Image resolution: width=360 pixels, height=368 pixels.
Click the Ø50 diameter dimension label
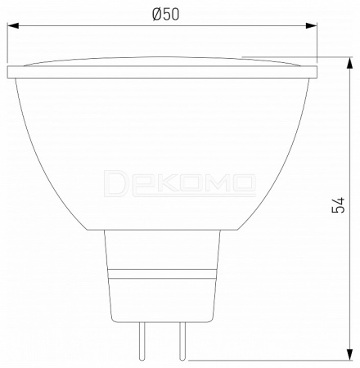(166, 14)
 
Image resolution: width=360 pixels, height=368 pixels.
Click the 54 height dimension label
(338, 205)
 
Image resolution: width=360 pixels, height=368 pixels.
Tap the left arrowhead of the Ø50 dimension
(13, 25)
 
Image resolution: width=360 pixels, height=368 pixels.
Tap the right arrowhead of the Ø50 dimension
(311, 25)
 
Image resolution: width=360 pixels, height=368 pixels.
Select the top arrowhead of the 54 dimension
(349, 63)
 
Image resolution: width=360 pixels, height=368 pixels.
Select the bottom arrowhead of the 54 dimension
(349, 354)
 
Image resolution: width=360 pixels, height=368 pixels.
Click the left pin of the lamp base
(142, 341)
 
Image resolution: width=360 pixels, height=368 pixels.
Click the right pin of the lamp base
(182, 341)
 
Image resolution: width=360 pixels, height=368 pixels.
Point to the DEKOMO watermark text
(180, 183)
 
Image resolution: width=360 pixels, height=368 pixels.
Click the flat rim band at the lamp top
(162, 72)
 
